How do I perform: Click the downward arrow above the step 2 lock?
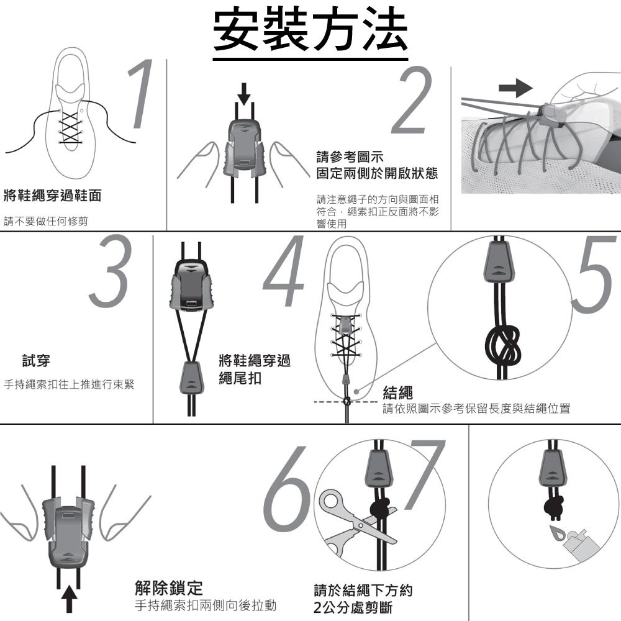point(244,94)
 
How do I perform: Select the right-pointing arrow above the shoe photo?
point(515,88)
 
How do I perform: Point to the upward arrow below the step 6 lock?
point(70,599)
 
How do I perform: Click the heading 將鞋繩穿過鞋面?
point(53,196)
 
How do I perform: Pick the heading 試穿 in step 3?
point(36,361)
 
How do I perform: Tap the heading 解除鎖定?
point(169,588)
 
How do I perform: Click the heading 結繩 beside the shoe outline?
point(397,392)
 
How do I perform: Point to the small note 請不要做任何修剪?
point(46,221)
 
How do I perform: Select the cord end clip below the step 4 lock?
point(192,377)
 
